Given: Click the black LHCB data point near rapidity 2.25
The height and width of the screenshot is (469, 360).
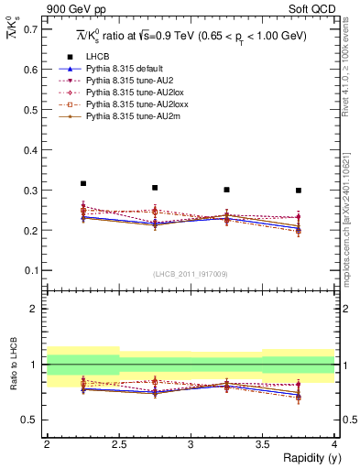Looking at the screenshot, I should [83, 183].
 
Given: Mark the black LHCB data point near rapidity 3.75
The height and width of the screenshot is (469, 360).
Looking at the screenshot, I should [299, 191].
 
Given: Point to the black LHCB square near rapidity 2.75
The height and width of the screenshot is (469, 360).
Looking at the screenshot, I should [155, 188].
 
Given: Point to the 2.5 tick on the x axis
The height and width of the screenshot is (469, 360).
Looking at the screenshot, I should [118, 444].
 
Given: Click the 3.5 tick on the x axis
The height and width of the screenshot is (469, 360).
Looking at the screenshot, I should [262, 444].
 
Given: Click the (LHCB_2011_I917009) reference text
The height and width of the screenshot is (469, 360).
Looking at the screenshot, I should [190, 273].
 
